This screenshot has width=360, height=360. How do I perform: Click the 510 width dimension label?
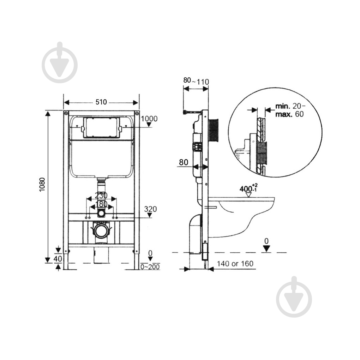coord(101,102)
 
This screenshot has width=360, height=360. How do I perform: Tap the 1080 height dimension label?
coord(42,185)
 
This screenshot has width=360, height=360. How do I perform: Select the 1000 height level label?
coord(149,119)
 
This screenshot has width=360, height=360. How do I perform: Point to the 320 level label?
coord(150,209)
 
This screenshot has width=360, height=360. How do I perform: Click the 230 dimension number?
coord(101,196)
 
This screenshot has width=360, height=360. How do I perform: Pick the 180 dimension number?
coord(101,204)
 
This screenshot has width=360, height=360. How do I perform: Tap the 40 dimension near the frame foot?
coord(58,259)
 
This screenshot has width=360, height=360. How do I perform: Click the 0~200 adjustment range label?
coord(150,267)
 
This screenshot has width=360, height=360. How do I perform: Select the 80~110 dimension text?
coord(196,81)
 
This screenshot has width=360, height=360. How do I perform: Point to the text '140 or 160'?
coord(235,264)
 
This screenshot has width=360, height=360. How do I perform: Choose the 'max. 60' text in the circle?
coord(289,114)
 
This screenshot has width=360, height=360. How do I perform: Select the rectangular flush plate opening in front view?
coord(102,127)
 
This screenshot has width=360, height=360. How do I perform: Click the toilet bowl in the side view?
coord(241,216)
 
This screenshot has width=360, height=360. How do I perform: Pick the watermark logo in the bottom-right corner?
coord(294,297)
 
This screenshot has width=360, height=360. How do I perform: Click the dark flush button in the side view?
coord(213,130)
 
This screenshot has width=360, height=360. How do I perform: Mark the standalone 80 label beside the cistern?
coord(184,162)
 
